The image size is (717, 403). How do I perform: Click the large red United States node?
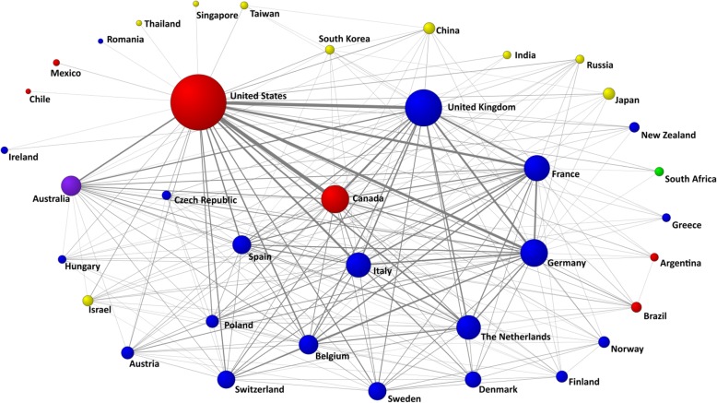198,102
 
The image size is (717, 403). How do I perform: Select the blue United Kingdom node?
423,108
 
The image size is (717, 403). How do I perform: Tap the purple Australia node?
71,185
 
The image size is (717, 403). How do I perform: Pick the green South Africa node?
659,172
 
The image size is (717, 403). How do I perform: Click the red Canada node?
335,198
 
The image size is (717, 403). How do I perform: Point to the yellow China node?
429,29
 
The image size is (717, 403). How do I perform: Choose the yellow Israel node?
88,301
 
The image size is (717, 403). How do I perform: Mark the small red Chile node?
29,91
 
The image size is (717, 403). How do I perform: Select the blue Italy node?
358,266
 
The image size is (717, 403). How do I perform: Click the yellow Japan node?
608,93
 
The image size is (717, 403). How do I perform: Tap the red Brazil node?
636,306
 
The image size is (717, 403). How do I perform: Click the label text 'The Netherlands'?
516,338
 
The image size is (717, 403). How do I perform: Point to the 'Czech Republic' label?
206,200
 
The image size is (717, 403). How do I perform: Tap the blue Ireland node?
5,149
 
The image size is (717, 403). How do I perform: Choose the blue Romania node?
100,41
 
